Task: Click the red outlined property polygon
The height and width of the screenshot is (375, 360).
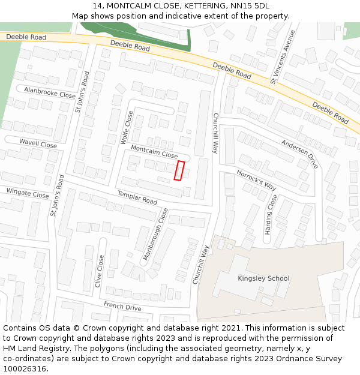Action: point(179,170)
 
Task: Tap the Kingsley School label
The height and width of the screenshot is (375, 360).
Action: point(263,278)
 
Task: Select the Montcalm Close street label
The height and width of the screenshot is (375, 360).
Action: point(154,151)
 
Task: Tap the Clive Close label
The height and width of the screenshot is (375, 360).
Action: point(99,271)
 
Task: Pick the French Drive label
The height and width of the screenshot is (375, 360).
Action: point(122,307)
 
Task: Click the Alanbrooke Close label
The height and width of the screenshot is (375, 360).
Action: point(50,92)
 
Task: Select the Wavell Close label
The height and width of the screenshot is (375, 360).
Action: point(38,144)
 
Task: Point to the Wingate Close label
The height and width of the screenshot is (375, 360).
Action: point(28,193)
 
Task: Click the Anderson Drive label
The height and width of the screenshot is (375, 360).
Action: point(300,154)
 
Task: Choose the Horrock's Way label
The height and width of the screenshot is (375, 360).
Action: point(256,179)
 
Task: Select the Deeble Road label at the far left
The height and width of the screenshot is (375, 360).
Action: point(26,37)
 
